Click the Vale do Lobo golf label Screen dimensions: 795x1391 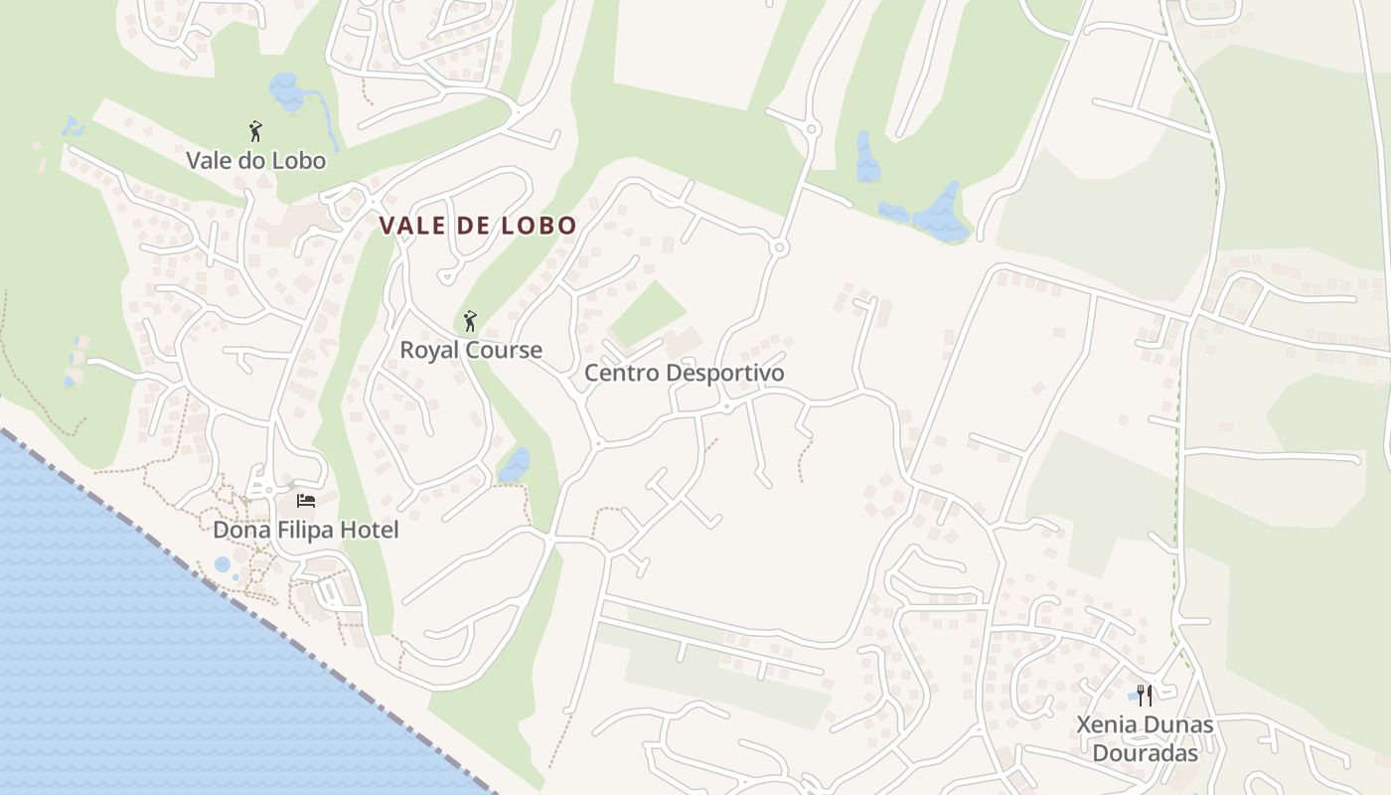point(255,159)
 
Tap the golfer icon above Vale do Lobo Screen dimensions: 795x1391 point(255,131)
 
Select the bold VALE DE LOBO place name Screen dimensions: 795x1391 point(478,226)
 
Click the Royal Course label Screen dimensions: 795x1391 point(471,350)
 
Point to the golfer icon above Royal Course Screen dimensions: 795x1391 point(470,321)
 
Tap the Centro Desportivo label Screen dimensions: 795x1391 point(684,373)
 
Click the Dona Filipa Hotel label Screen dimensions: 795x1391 point(306,530)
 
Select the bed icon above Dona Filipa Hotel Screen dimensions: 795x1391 point(306,500)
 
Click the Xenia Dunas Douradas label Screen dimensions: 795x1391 point(1145,737)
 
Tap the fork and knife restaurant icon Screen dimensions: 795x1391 point(1145,695)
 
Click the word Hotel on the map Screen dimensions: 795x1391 point(369,530)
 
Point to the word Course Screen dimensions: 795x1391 point(508,350)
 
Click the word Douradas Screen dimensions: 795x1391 point(1145,752)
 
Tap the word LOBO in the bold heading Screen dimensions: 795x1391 point(539,226)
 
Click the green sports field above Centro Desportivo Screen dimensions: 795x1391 point(648,313)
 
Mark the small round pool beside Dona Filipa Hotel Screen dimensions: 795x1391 point(223,564)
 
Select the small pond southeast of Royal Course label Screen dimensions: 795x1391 point(515,464)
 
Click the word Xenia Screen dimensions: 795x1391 point(1106,724)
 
